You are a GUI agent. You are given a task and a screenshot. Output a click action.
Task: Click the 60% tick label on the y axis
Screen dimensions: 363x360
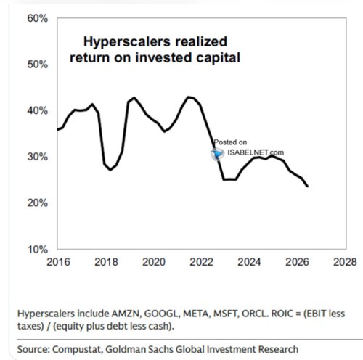click(38, 18)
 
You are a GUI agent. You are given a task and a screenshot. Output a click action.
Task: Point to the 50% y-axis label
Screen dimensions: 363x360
click(38, 65)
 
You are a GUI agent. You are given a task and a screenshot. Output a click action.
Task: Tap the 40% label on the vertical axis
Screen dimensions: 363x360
click(38, 110)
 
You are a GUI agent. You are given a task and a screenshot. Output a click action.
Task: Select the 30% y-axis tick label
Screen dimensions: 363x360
click(38, 157)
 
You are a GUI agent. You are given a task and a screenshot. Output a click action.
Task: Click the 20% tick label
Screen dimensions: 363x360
click(38, 202)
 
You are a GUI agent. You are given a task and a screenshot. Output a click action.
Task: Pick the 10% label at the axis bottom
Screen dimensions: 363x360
click(38, 249)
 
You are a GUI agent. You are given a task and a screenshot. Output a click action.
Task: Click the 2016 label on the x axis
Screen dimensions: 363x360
click(58, 262)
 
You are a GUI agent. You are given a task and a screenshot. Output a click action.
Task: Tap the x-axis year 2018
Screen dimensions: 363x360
click(106, 262)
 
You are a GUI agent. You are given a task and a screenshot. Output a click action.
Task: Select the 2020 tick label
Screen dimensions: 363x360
click(154, 262)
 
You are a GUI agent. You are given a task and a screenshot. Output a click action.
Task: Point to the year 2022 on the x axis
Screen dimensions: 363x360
click(202, 262)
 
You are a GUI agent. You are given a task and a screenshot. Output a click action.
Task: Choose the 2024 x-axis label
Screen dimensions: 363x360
click(249, 262)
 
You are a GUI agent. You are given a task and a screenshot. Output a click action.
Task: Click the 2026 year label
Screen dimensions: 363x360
click(297, 262)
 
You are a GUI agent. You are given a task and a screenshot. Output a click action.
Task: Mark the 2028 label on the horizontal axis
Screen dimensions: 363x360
click(345, 262)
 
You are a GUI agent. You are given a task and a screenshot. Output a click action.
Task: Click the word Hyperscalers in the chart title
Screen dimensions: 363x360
click(127, 42)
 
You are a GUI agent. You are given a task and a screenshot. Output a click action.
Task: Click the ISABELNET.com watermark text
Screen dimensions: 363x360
click(256, 152)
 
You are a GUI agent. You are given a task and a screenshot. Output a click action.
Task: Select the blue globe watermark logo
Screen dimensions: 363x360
click(217, 154)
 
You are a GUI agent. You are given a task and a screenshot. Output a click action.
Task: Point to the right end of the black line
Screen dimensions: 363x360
click(308, 187)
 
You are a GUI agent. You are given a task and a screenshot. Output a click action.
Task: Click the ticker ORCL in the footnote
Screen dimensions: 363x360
click(256, 314)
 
